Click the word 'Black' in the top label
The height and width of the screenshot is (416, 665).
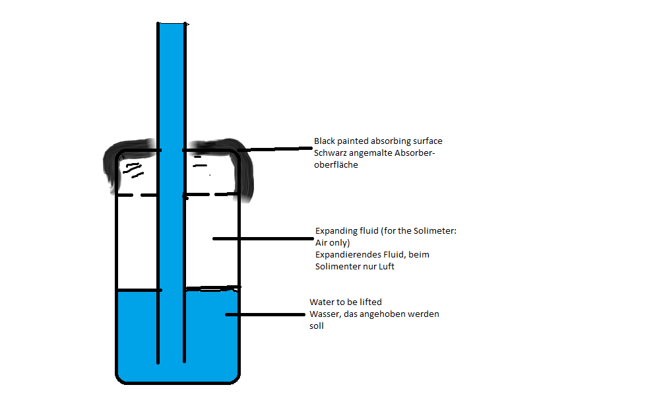pos(325,141)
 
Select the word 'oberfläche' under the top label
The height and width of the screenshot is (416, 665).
pos(336,165)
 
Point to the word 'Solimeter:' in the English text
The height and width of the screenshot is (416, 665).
pos(454,231)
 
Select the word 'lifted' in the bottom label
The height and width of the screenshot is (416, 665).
pos(370,302)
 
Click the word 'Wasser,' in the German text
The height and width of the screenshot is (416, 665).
pos(325,314)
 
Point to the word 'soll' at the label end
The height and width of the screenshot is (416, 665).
pos(317,326)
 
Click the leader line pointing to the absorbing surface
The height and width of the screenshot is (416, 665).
pos(277,149)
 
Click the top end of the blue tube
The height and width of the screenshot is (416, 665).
pos(172,25)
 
